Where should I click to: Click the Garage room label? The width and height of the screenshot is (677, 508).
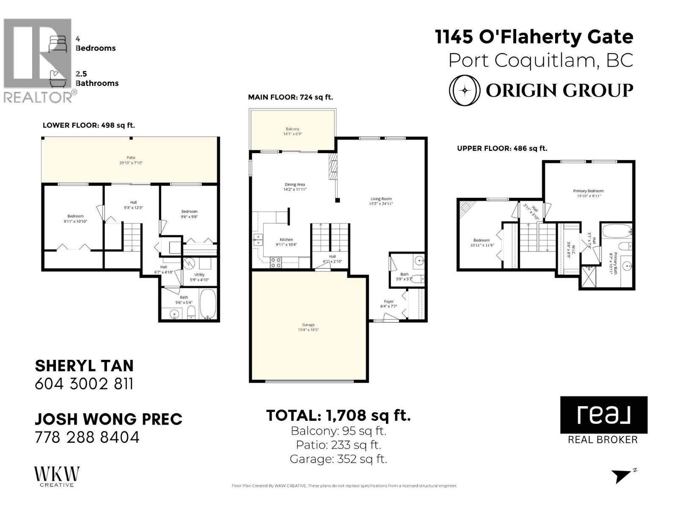(x=308, y=325)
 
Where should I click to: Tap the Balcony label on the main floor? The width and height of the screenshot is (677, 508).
(x=292, y=129)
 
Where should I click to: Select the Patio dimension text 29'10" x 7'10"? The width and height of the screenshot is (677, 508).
(x=131, y=163)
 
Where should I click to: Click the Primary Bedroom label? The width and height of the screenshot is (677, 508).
(x=588, y=191)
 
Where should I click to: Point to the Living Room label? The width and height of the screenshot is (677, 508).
(x=381, y=199)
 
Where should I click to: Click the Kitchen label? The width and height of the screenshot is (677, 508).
(x=286, y=240)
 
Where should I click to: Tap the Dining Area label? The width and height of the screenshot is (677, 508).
(x=294, y=185)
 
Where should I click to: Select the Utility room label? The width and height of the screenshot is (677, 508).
(x=199, y=274)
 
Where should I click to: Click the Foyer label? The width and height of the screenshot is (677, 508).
(x=388, y=301)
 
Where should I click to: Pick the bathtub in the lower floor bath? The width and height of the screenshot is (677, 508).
(x=208, y=304)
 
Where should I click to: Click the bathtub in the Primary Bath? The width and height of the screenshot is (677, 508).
(x=616, y=232)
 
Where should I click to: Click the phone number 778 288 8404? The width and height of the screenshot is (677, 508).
(x=87, y=437)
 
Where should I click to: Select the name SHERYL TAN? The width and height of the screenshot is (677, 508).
(x=84, y=366)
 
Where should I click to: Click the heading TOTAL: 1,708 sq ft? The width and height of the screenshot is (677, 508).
(x=338, y=415)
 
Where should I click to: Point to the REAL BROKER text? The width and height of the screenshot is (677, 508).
(x=603, y=439)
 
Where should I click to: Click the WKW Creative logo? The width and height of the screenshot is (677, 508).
(x=57, y=476)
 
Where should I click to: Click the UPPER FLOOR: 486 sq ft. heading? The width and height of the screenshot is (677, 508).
(x=502, y=148)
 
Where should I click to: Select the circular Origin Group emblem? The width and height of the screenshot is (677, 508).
(x=464, y=90)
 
